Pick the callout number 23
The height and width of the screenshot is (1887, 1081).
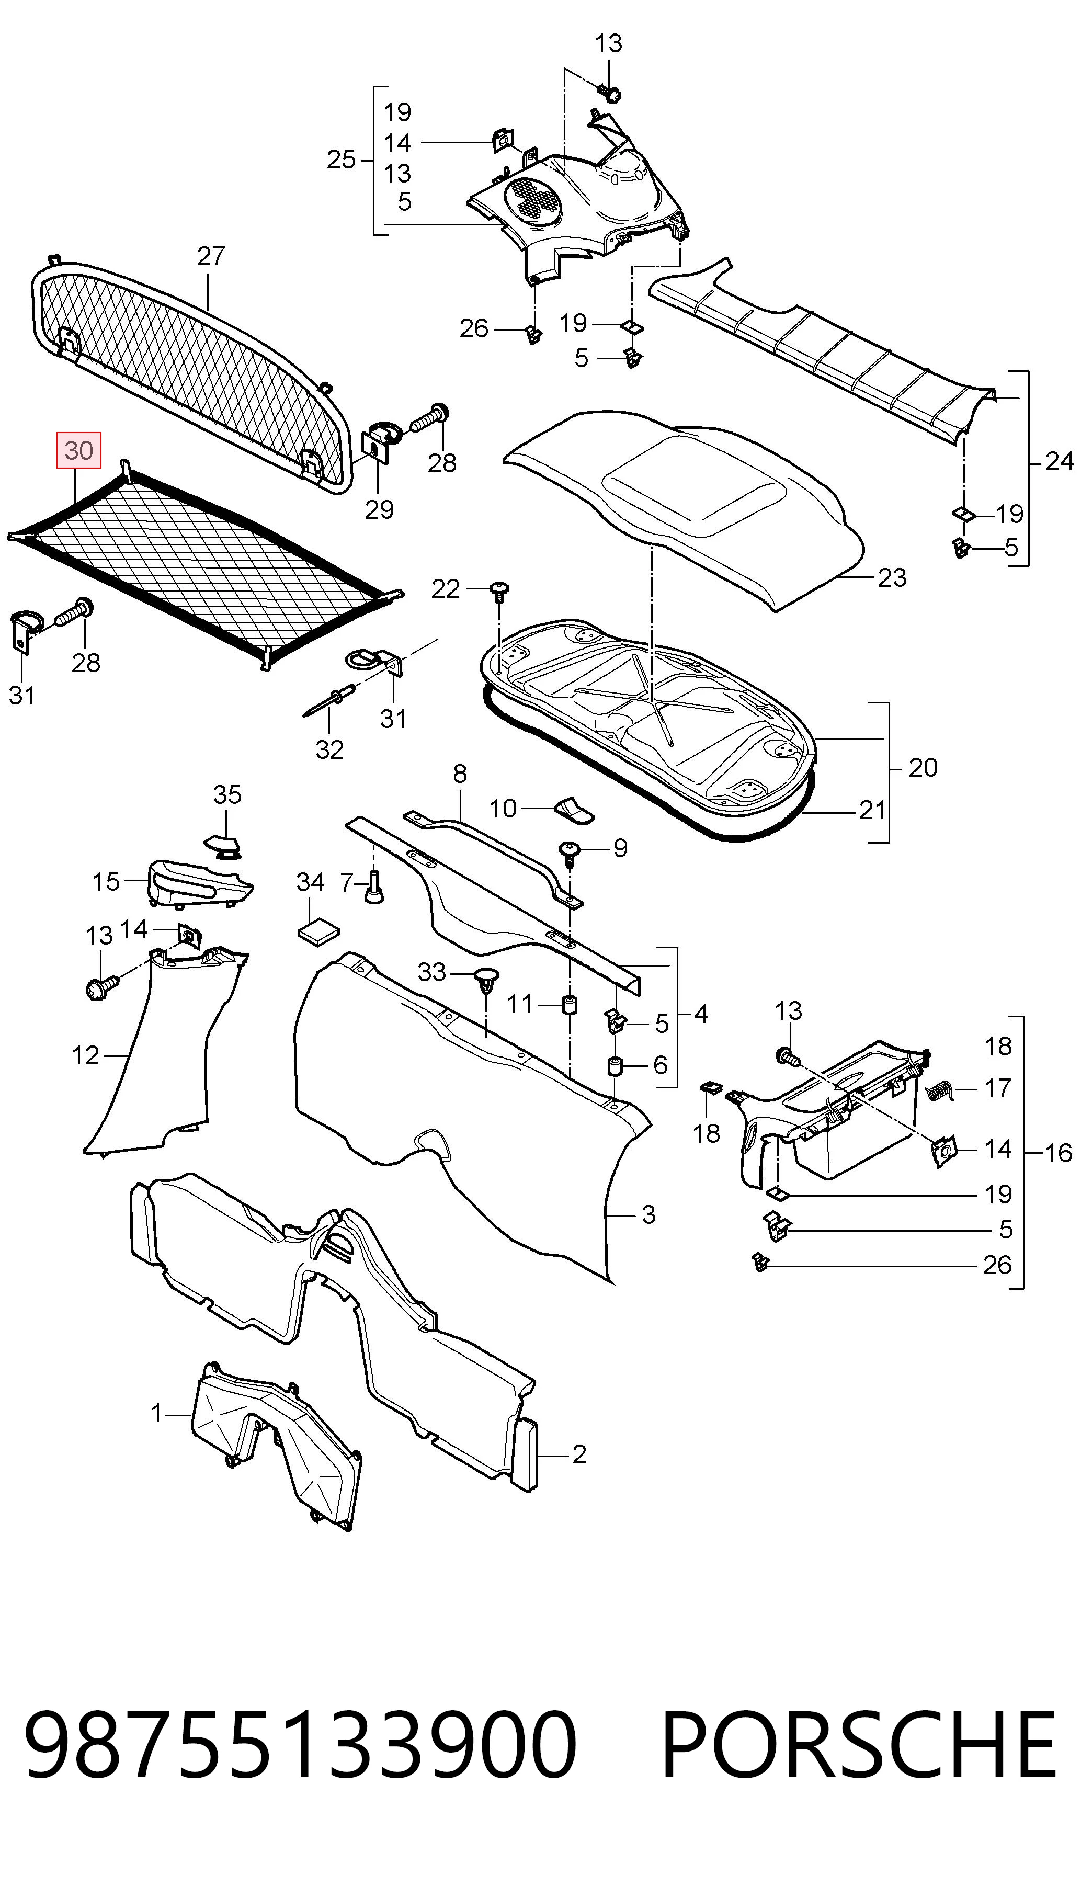click(x=892, y=577)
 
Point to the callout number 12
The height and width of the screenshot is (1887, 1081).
click(x=85, y=1055)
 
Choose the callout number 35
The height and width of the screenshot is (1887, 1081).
click(x=227, y=794)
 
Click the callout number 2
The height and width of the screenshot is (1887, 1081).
click(x=579, y=1453)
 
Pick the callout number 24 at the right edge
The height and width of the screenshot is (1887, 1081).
click(x=1059, y=462)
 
